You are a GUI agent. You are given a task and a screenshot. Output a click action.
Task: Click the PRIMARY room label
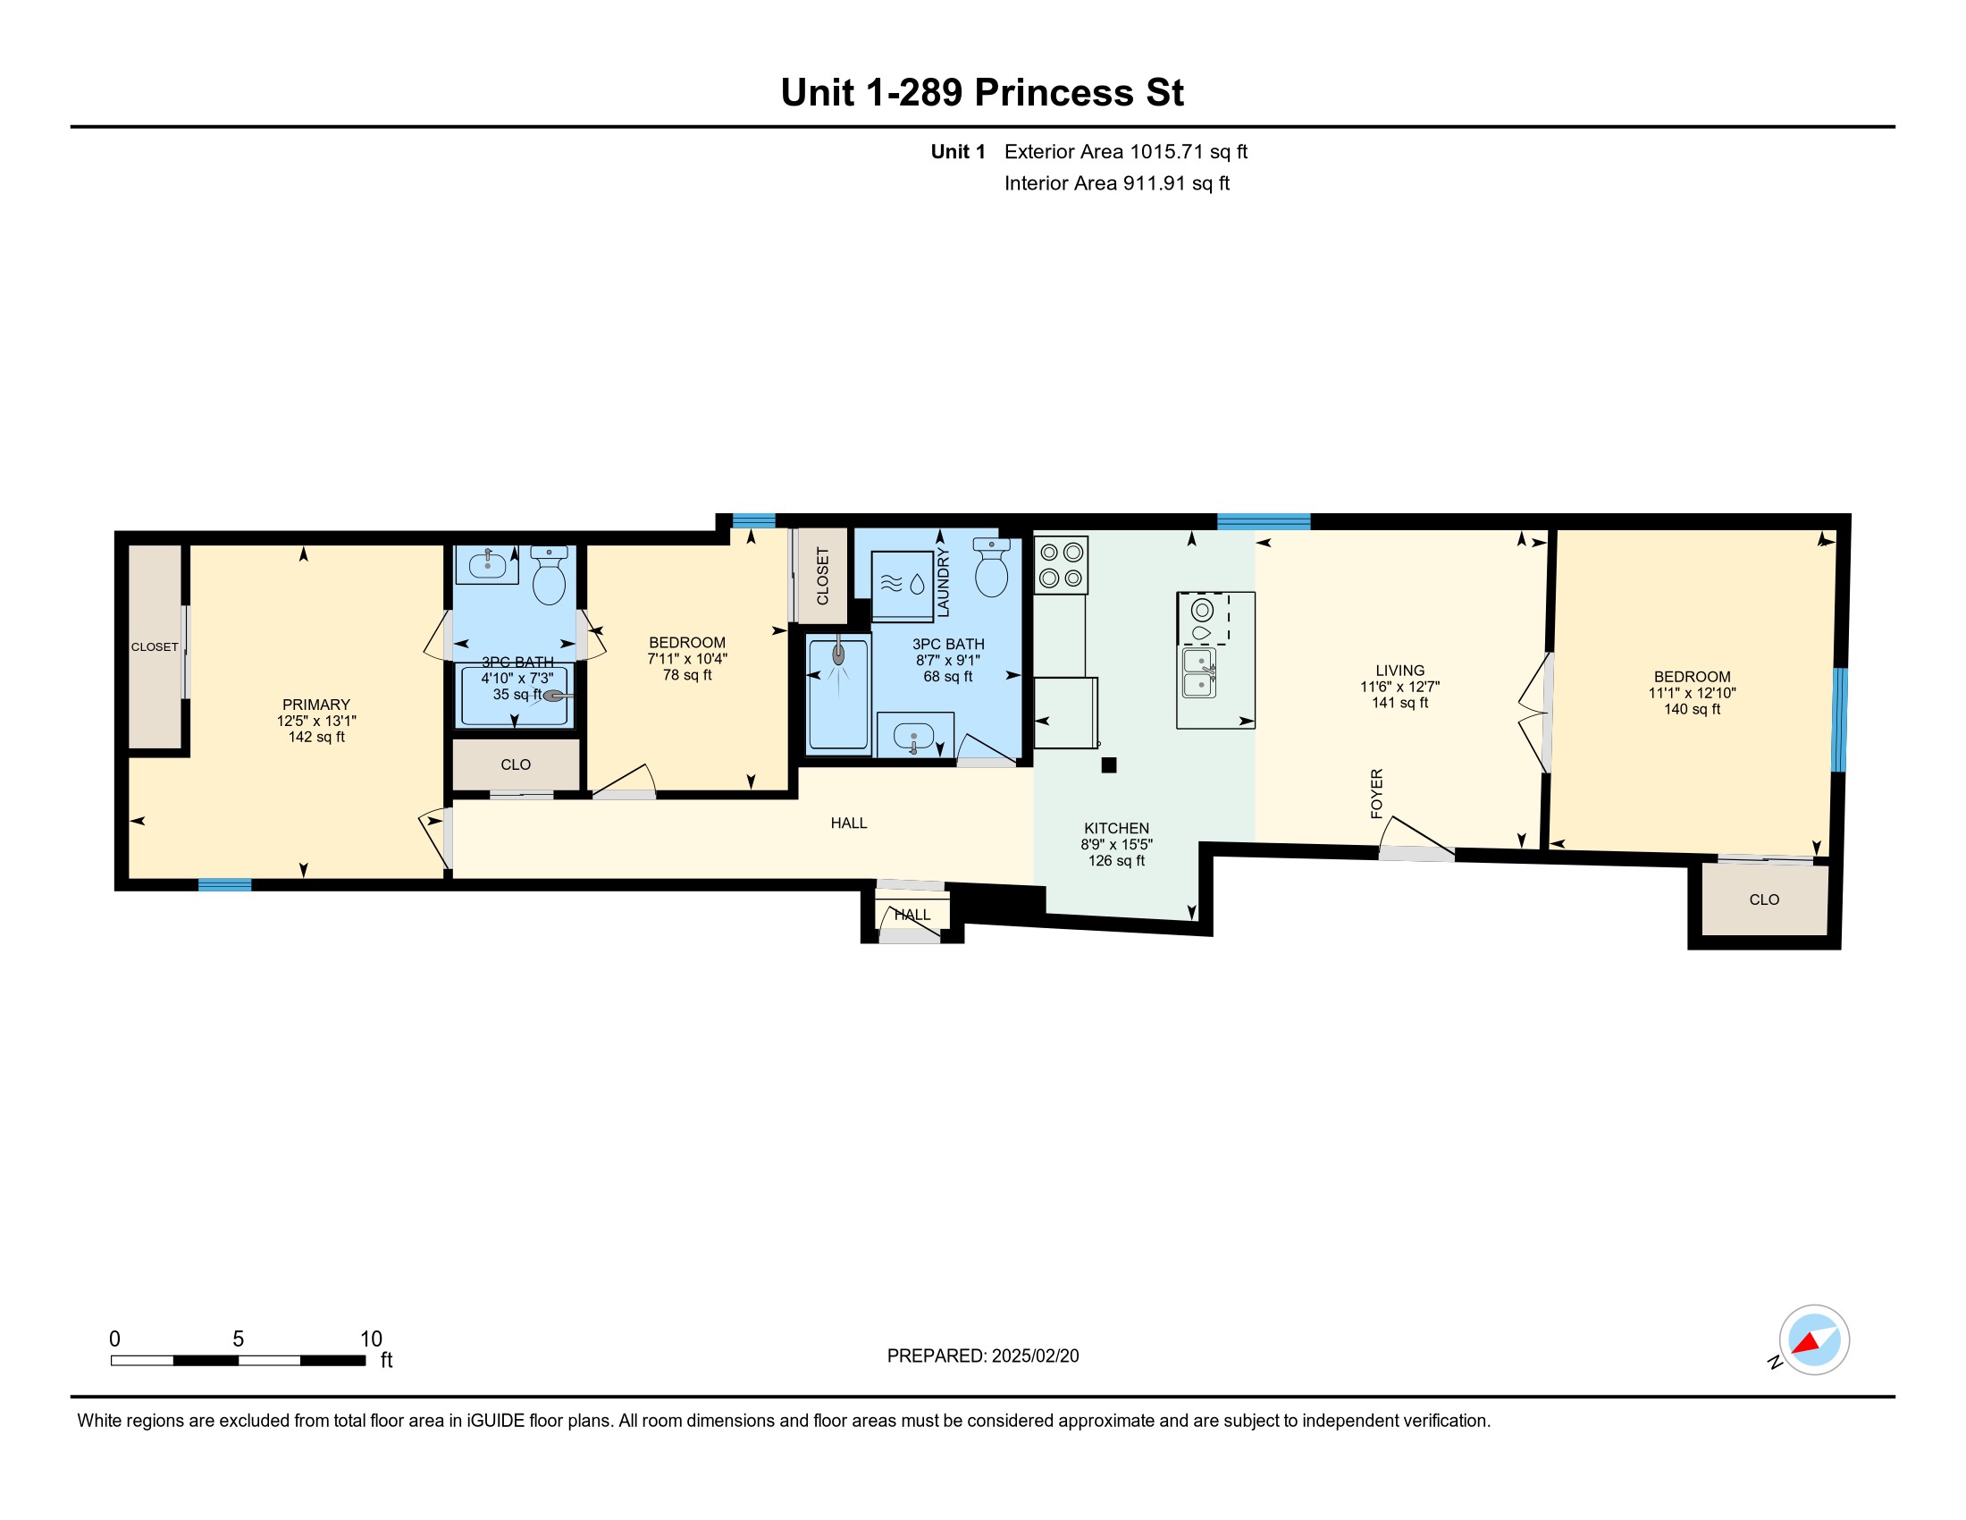click(x=316, y=705)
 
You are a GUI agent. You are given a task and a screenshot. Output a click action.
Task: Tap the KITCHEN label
click(x=1116, y=829)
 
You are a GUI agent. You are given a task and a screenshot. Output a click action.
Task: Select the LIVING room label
click(x=1399, y=671)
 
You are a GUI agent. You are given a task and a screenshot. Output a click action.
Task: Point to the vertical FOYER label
click(x=1376, y=793)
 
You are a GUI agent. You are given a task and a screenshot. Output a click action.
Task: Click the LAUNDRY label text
click(x=944, y=583)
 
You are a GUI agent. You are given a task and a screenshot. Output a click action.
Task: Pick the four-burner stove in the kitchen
click(x=1061, y=565)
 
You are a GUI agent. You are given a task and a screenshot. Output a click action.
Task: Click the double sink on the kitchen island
click(x=1199, y=672)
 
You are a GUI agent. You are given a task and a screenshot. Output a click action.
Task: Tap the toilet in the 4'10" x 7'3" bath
click(x=549, y=576)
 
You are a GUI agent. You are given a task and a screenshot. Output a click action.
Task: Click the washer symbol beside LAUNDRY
click(x=902, y=586)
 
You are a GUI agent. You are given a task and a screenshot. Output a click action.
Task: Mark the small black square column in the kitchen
click(x=1109, y=765)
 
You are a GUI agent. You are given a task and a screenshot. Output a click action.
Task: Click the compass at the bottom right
click(x=1814, y=1340)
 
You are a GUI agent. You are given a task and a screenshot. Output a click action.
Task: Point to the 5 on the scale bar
click(x=239, y=1339)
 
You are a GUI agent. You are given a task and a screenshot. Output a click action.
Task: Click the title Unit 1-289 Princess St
click(x=982, y=92)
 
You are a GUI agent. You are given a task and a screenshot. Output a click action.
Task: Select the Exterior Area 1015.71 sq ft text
click(x=1126, y=151)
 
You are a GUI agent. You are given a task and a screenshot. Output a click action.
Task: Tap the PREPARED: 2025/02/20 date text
click(x=983, y=1356)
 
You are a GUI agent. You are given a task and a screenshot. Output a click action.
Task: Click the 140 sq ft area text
click(x=1692, y=710)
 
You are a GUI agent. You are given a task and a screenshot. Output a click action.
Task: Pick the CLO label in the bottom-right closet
click(x=1764, y=899)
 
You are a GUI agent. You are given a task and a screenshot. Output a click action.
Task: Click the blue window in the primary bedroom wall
click(x=224, y=885)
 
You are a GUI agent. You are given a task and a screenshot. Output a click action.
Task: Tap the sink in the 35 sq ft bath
click(x=487, y=564)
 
